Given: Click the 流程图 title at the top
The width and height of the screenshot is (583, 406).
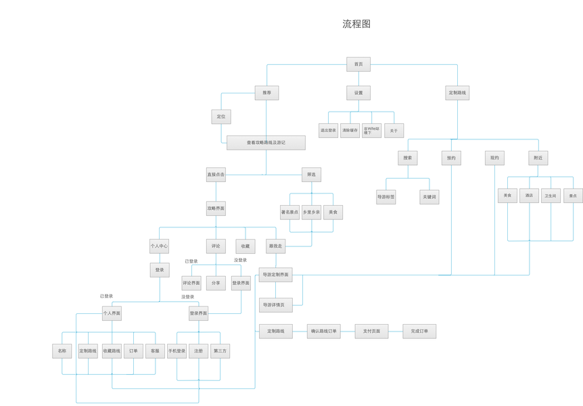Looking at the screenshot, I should pos(356,24).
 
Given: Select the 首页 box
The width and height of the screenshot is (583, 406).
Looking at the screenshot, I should pos(358,64).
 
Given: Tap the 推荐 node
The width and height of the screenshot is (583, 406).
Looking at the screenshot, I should pos(266,93).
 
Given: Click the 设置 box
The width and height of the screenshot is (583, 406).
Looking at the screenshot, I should pos(358,93).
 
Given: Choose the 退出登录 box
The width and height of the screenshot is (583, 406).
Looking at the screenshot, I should pos(328,131).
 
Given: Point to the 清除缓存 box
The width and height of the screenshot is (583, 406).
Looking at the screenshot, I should pos(350,131).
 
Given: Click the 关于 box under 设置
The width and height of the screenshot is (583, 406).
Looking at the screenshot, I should pos(394,131).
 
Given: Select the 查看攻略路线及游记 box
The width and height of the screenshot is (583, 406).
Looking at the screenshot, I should pos(266,143).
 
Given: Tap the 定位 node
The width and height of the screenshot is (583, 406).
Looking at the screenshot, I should pos(221,117).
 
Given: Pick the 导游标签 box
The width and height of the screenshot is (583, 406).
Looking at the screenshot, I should pos(386,197).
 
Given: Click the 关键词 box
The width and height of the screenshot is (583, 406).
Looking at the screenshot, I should pos(429,197).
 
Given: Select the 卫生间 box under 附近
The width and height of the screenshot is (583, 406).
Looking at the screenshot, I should pos(551,196).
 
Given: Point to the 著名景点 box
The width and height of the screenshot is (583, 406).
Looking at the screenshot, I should pos(289,212).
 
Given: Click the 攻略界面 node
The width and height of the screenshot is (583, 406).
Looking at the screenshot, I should pos(216,208).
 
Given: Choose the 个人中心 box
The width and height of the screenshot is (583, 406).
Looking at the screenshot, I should pos(160,246).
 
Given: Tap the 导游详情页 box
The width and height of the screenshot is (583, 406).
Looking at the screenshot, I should pos(275,305).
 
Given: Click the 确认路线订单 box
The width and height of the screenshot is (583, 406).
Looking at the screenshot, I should pos(323,332).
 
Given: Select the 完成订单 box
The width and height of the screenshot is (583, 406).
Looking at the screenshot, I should pos(419,332).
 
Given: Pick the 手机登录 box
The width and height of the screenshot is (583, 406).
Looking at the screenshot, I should pos(177,351).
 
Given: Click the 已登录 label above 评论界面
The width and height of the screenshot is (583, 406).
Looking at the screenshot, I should pos(191,261).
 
